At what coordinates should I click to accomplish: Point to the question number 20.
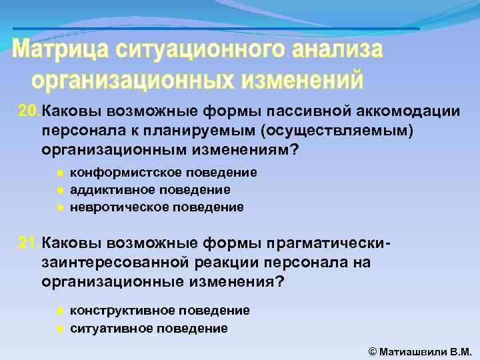[x=29, y=110]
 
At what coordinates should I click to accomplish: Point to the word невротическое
[x=114, y=207]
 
